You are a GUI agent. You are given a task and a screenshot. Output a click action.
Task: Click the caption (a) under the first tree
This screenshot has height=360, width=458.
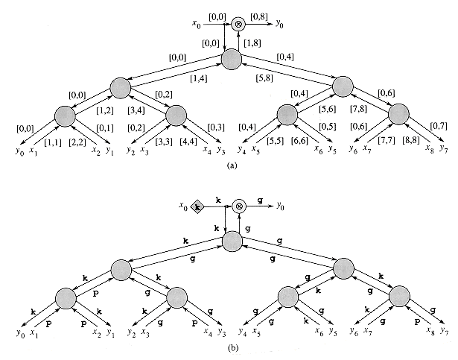click(231, 168)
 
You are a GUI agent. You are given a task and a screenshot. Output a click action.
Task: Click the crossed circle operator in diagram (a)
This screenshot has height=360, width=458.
click(239, 23)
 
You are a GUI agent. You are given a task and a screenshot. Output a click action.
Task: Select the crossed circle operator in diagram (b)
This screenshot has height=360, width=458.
click(239, 205)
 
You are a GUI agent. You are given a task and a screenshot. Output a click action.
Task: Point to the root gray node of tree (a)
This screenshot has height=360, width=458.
click(232, 60)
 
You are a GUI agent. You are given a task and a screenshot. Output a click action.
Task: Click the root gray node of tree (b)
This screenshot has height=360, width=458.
click(232, 241)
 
